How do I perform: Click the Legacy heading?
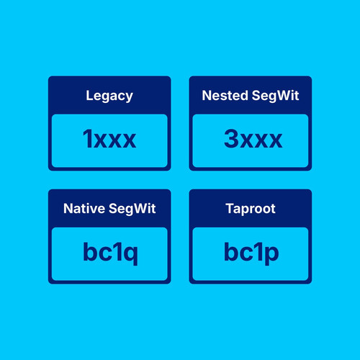point(109,96)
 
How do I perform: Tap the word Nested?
point(225,95)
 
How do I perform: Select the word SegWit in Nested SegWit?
point(275,96)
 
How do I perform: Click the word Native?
point(84,208)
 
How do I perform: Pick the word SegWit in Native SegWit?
point(132,209)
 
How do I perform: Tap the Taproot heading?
point(251,209)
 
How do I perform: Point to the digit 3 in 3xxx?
point(231,138)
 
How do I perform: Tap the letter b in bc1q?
point(91,251)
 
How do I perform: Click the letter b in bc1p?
point(233,251)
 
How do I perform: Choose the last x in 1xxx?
point(129,140)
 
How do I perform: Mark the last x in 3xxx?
point(275,140)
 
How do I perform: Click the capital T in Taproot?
point(230,208)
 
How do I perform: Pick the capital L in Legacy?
point(89,95)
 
